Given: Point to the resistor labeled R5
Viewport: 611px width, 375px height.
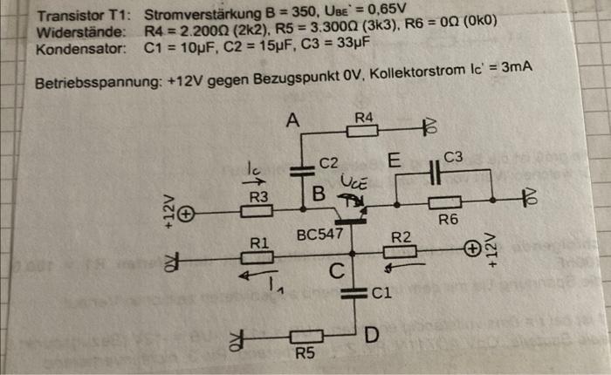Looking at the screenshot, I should coord(306,336).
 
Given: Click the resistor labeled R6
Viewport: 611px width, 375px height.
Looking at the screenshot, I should coord(445,202).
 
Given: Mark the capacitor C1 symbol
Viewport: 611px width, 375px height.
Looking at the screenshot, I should coord(354,293).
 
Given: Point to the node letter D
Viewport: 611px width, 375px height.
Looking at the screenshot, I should coord(372,334).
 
